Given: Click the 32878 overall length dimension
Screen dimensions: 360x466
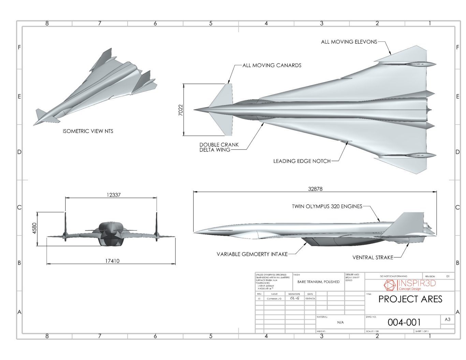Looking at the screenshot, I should point(315,189).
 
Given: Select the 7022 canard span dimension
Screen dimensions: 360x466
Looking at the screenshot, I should point(181,110).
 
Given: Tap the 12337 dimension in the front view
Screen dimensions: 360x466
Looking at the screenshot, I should point(113,195).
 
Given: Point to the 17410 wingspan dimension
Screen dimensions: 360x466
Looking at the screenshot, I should point(112,261).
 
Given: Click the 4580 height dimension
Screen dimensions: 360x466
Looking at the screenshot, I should point(34,229).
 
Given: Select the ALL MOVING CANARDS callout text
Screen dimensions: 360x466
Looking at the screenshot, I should point(272,65).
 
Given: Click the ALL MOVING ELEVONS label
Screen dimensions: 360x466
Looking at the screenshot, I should point(349,42).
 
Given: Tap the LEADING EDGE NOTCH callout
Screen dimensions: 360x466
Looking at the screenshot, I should point(302,161).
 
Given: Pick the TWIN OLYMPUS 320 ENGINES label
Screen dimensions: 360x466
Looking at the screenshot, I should point(327,206).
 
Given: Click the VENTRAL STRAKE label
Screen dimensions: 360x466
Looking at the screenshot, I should point(373,258).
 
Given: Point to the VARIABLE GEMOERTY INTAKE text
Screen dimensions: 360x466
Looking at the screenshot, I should point(252,254).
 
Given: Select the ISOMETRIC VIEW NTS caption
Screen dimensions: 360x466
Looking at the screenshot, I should point(88,131).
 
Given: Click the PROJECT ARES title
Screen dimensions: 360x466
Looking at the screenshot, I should point(410,299).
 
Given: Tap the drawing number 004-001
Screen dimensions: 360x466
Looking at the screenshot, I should point(404,322).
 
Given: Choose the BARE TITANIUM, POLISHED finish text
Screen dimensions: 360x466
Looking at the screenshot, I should point(318,282).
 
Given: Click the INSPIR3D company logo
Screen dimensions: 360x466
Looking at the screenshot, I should point(410,285).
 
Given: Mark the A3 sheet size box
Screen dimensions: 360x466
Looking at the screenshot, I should point(447,320).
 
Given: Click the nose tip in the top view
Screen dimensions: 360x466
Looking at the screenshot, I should point(195,110).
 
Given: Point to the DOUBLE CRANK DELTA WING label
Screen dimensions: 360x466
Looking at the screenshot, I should point(219,147).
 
